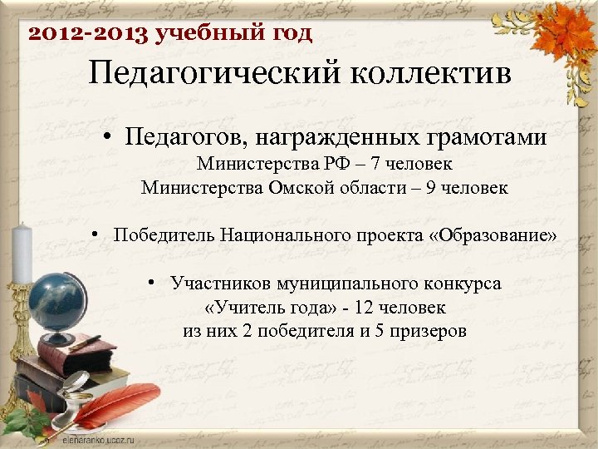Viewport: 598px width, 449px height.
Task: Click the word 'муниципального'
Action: click(325, 284)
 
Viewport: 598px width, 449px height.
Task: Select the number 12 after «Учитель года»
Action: click(362, 308)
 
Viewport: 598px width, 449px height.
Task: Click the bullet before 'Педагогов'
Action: click(110, 138)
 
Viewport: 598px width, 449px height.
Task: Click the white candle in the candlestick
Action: click(22, 254)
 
